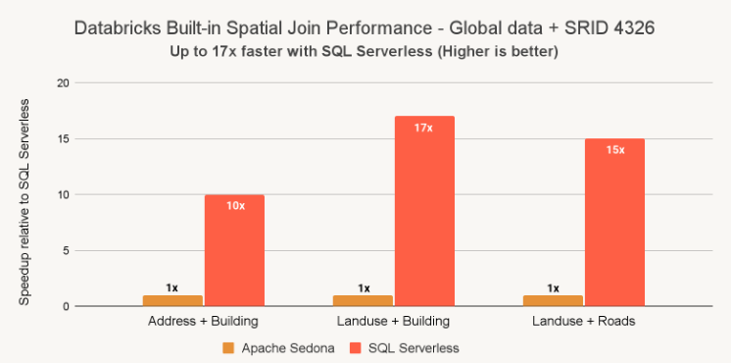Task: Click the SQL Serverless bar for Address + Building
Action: point(234,251)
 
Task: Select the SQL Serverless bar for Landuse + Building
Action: point(424,212)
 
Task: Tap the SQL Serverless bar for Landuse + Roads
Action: point(614,224)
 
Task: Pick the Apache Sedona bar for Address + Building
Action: point(172,300)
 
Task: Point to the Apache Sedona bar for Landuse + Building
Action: point(364,300)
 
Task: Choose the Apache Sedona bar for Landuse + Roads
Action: point(554,300)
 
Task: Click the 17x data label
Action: point(423,128)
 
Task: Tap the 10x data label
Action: point(234,206)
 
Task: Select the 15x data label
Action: point(614,150)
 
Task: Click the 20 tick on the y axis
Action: point(64,83)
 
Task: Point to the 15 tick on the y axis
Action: point(64,139)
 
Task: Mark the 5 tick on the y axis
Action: point(67,251)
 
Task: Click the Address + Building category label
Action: point(204,321)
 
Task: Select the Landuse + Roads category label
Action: point(584,321)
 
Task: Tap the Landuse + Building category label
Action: point(394,321)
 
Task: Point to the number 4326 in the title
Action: point(625,30)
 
